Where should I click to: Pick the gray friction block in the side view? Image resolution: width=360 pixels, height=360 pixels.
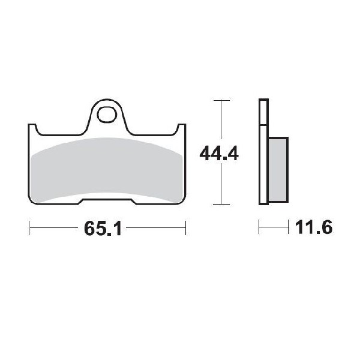(x=277, y=169)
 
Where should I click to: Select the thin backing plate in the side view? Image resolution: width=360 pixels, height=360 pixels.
(x=262, y=152)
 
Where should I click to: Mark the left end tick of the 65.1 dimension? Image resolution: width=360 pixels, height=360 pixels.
(x=29, y=228)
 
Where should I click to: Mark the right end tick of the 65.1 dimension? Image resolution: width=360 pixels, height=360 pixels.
(x=185, y=228)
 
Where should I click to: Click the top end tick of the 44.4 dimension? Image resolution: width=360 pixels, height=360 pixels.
(x=221, y=100)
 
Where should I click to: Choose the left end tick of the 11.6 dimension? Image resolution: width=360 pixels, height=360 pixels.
(x=259, y=228)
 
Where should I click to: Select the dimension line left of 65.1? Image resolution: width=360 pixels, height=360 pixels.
(x=54, y=228)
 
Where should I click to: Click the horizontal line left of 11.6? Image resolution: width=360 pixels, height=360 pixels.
(x=273, y=228)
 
